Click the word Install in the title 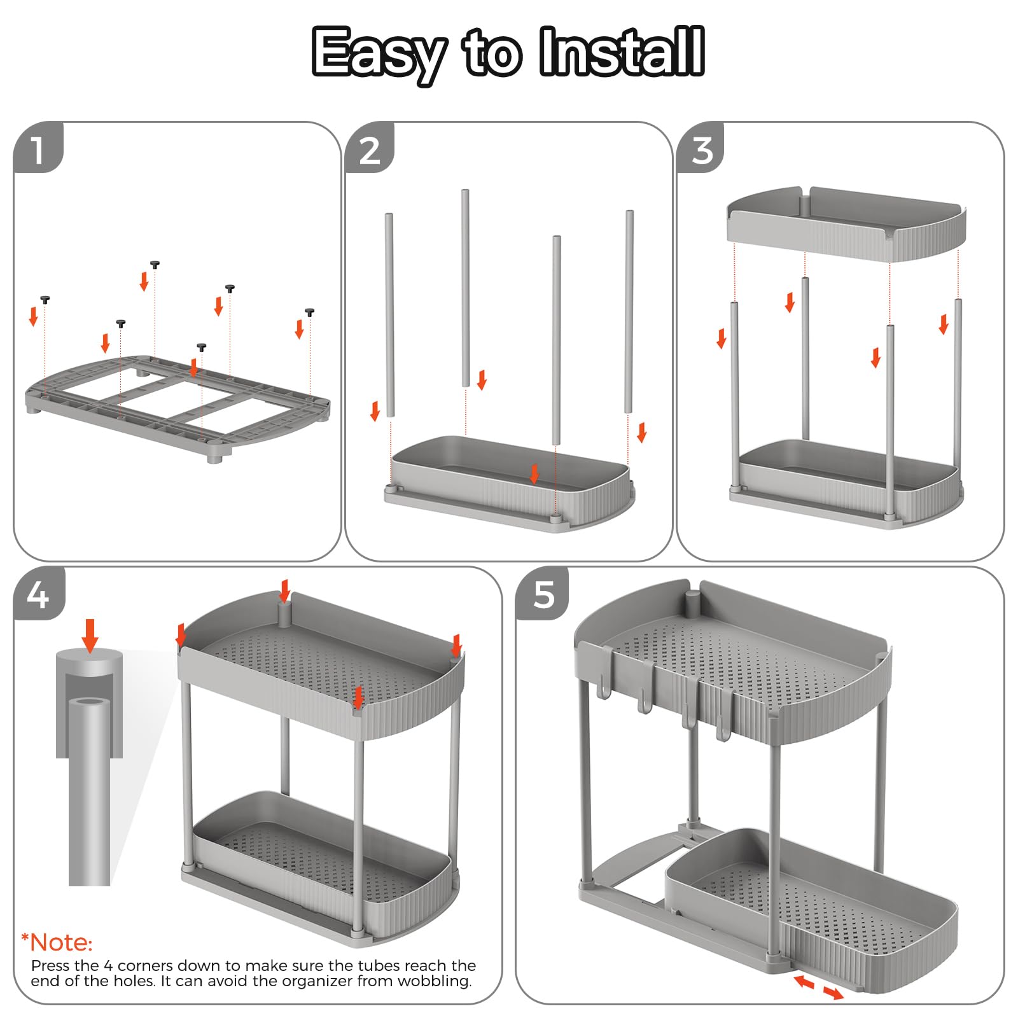coord(622,52)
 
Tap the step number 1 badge coord(38,148)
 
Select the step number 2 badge coord(370,148)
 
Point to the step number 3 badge coord(701,148)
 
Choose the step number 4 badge coord(39,594)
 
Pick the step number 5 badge coord(542,594)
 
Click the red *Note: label coord(57,942)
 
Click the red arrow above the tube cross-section coord(90,636)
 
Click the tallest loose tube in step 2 coord(465,288)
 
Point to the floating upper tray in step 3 coord(846,223)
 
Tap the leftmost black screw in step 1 coord(45,300)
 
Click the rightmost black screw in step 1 coord(310,312)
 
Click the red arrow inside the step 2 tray coord(534,473)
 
